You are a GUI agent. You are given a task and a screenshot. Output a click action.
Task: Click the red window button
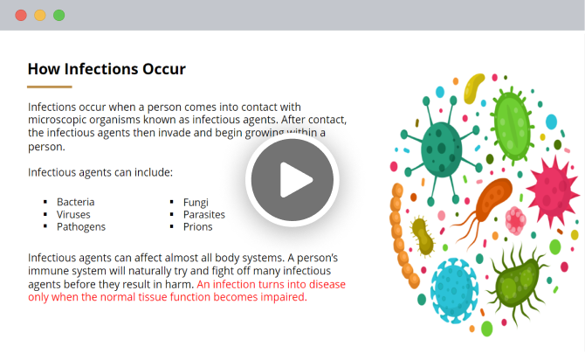click(21, 16)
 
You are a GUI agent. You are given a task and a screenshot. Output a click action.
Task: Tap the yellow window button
click(40, 16)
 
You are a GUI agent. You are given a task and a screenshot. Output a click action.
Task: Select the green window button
click(59, 16)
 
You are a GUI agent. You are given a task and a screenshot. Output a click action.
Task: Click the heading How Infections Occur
click(107, 69)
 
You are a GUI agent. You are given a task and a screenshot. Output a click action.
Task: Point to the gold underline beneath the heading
click(49, 87)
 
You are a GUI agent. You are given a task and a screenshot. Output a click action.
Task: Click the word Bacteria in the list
click(76, 202)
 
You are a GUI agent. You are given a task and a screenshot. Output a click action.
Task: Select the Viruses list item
click(73, 215)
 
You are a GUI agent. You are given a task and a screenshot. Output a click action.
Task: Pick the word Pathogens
click(81, 227)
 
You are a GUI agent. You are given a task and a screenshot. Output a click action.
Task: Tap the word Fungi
click(196, 203)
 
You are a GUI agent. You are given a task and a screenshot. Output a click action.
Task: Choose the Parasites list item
click(204, 215)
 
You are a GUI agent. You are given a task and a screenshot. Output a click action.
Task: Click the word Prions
click(197, 227)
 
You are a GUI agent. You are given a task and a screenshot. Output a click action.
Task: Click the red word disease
click(327, 285)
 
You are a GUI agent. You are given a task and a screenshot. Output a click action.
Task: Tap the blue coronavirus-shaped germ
click(454, 291)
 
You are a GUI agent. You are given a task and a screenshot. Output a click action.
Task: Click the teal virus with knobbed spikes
click(441, 150)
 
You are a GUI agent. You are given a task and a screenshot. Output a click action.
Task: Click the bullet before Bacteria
click(45, 202)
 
